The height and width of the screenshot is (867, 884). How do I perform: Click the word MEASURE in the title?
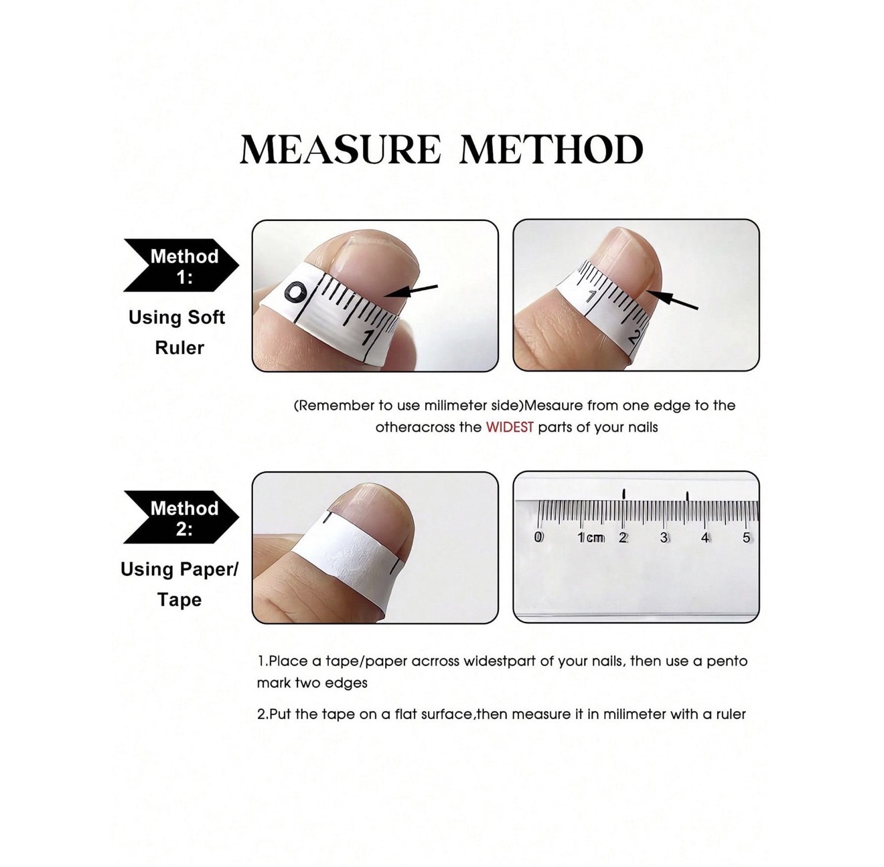(340, 149)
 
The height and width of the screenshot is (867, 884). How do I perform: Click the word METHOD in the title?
(551, 149)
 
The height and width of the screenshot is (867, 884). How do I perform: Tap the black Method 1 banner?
(181, 265)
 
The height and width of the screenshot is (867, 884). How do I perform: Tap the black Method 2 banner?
(181, 517)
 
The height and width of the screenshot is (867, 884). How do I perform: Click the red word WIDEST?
(510, 427)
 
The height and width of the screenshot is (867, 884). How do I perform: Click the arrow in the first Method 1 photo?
(411, 291)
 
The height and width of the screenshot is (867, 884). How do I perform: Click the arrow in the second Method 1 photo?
(673, 299)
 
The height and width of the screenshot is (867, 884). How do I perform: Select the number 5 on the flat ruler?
(746, 538)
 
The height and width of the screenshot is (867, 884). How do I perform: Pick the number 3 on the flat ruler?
(664, 538)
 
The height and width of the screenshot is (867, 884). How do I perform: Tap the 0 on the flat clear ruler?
(538, 537)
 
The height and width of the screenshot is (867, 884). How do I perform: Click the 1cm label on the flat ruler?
(591, 538)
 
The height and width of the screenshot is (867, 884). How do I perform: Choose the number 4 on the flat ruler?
(705, 538)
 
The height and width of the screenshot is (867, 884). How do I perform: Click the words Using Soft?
(177, 317)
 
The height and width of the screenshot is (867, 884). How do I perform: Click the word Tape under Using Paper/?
(179, 599)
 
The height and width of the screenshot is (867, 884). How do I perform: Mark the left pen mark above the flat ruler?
(623, 494)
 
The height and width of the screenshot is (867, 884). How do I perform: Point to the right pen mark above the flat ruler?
(687, 496)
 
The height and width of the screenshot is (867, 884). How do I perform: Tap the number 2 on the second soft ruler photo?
(634, 337)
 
